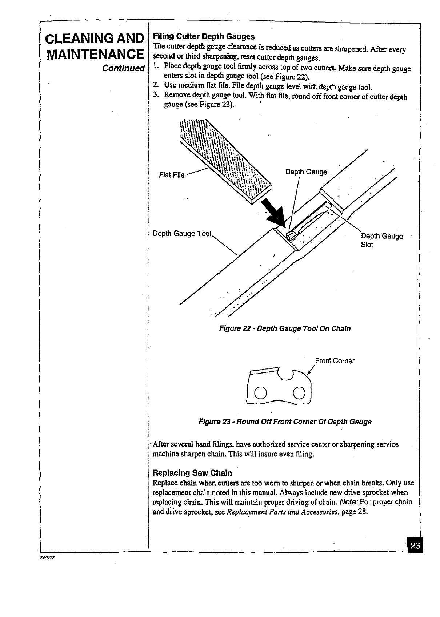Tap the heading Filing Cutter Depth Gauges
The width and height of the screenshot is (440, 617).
tap(204, 36)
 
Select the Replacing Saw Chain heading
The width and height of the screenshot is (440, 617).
tap(192, 473)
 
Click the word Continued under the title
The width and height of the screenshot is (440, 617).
tap(123, 68)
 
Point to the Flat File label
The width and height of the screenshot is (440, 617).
tap(172, 175)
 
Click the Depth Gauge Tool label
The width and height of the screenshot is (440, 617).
tap(182, 233)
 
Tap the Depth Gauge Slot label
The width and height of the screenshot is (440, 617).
tap(381, 240)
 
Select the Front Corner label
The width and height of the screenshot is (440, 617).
tap(335, 361)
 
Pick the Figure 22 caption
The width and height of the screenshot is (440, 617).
tap(284, 329)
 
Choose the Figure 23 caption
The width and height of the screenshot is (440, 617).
tap(285, 422)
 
